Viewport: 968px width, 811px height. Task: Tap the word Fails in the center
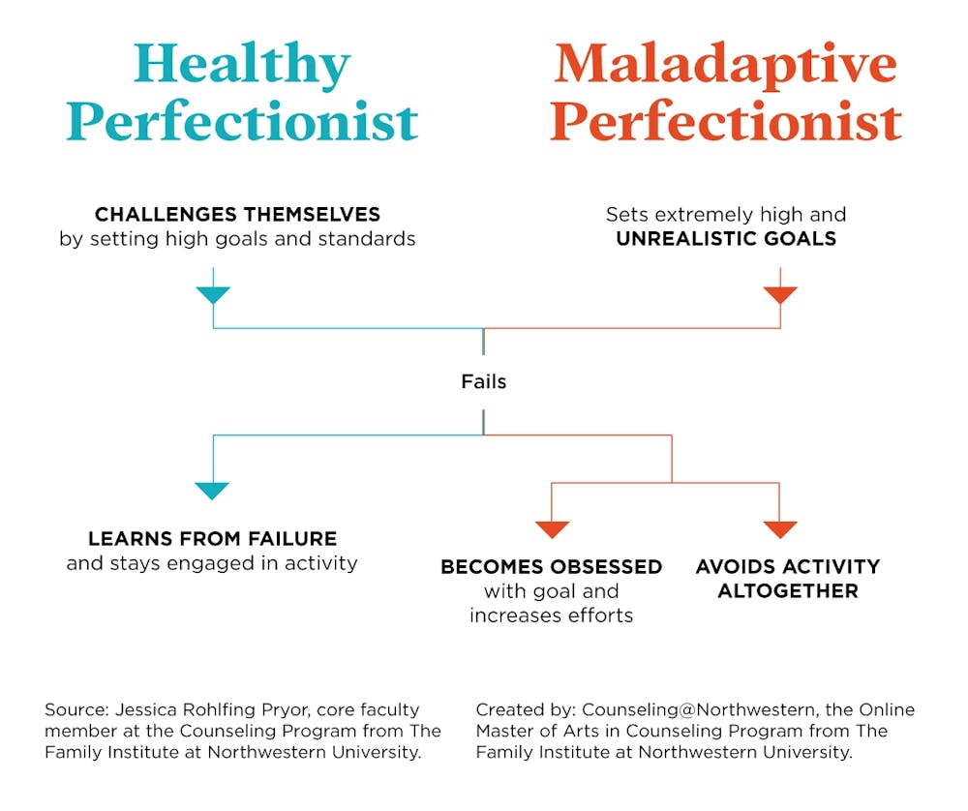[483, 382]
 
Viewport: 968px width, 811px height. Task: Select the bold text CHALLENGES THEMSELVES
[237, 214]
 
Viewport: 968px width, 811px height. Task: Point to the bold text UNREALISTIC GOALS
[726, 239]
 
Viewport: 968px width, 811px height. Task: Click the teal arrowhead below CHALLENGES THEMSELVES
[213, 295]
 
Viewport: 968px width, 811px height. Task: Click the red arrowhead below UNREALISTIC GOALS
[779, 295]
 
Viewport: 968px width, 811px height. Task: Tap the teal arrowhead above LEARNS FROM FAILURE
[212, 491]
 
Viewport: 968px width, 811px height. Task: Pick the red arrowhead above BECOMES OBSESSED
[552, 529]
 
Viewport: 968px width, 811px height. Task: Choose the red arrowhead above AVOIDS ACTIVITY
[779, 529]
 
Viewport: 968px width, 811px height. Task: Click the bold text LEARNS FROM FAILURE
[212, 539]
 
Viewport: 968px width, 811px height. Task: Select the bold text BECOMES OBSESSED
[551, 567]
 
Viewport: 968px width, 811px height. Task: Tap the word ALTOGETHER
[787, 591]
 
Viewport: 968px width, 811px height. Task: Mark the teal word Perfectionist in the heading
[242, 123]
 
